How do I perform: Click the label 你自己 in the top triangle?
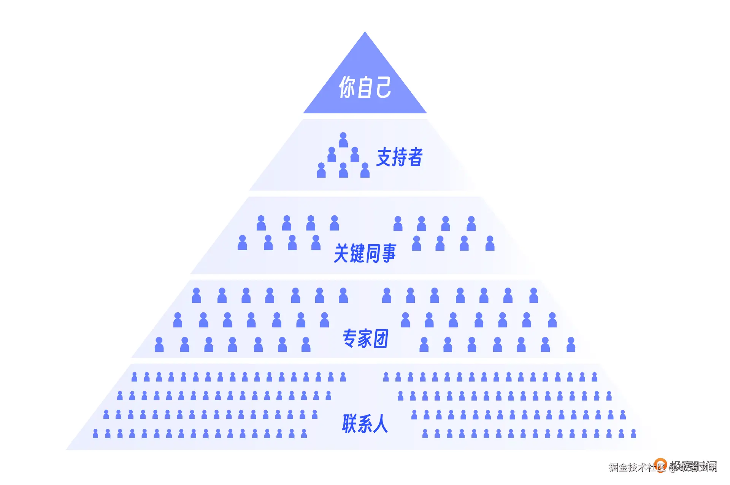pyautogui.click(x=365, y=87)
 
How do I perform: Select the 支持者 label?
pyautogui.click(x=399, y=157)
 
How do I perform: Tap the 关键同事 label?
pyautogui.click(x=365, y=253)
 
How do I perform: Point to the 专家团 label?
pyautogui.click(x=365, y=338)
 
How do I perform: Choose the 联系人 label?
pyautogui.click(x=365, y=423)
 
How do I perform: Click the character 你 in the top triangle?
pyautogui.click(x=346, y=87)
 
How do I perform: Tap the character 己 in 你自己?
pyautogui.click(x=383, y=87)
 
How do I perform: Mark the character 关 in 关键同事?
pyautogui.click(x=341, y=253)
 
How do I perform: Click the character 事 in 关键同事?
pyautogui.click(x=389, y=253)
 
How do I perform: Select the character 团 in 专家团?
pyautogui.click(x=381, y=338)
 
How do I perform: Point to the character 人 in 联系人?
pyautogui.click(x=380, y=423)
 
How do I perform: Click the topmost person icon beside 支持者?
pyautogui.click(x=343, y=140)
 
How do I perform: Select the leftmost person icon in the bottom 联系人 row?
pyautogui.click(x=95, y=433)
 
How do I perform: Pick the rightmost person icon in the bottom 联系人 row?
pyautogui.click(x=633, y=433)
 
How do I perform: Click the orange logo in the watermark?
pyautogui.click(x=660, y=465)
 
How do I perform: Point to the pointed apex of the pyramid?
pyautogui.click(x=365, y=33)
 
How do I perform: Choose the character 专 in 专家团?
pyautogui.click(x=349, y=338)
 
